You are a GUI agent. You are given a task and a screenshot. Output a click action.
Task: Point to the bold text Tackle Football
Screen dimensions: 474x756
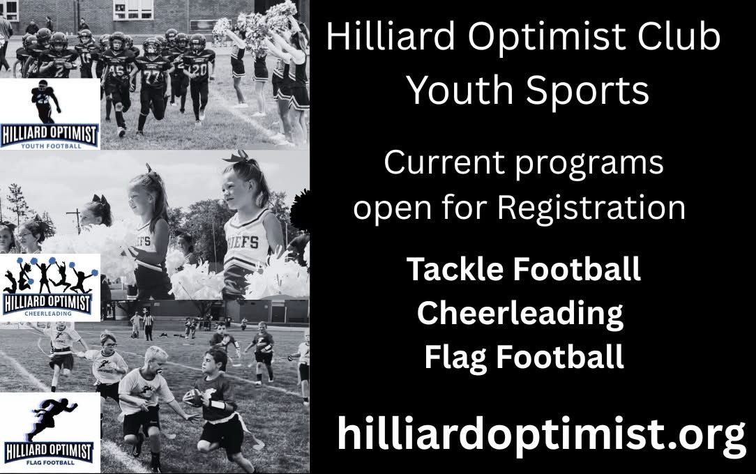point(523,269)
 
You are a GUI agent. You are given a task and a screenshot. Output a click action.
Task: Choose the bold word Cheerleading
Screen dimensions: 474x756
point(520,314)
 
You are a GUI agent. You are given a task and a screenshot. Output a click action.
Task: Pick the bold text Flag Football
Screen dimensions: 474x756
point(523,358)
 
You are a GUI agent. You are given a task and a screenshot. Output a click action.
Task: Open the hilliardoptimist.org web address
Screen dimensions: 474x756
point(540,434)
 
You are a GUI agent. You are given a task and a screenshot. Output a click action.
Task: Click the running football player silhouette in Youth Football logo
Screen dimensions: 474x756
point(46,101)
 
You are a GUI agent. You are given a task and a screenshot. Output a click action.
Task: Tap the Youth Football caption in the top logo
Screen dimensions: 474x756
point(51,146)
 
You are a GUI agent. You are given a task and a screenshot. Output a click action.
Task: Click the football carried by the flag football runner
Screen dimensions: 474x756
point(195,397)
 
